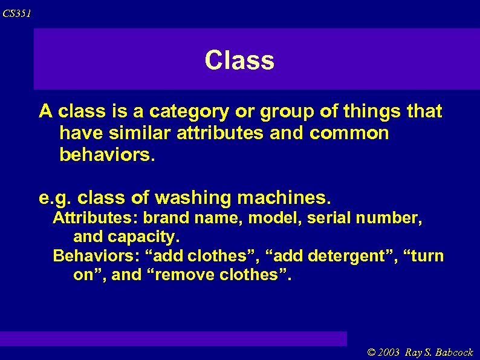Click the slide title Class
(239, 60)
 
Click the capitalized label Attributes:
(96, 218)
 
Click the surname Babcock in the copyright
(452, 352)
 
